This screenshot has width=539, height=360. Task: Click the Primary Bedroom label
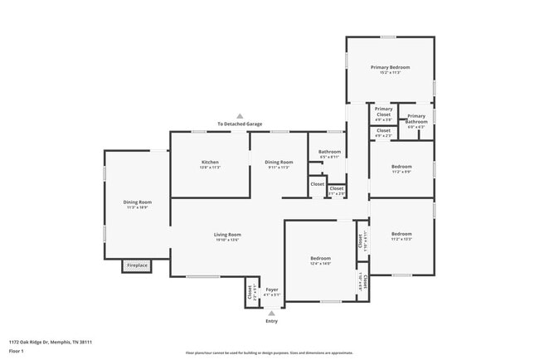390,67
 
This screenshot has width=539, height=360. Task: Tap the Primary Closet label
383,111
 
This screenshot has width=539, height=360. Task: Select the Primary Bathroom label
416,119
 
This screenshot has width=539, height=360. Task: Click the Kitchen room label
209,162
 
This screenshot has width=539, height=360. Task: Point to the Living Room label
227,235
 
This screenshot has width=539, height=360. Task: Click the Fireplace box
136,265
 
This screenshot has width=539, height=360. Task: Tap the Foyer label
271,289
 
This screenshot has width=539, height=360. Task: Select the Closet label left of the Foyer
250,293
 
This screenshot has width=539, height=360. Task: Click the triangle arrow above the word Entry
271,313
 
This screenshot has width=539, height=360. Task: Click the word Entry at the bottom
271,321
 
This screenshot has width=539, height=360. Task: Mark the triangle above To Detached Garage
240,116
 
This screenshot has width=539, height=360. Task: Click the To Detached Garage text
240,124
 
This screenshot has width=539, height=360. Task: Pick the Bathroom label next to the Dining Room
329,152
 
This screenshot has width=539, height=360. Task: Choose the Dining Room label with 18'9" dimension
137,202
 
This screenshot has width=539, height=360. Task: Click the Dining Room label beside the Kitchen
279,162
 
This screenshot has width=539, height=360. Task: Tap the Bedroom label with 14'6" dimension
321,259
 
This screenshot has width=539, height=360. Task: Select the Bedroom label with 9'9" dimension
401,167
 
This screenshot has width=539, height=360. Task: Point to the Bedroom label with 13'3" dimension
401,234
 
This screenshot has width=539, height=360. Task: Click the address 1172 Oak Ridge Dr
50,342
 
